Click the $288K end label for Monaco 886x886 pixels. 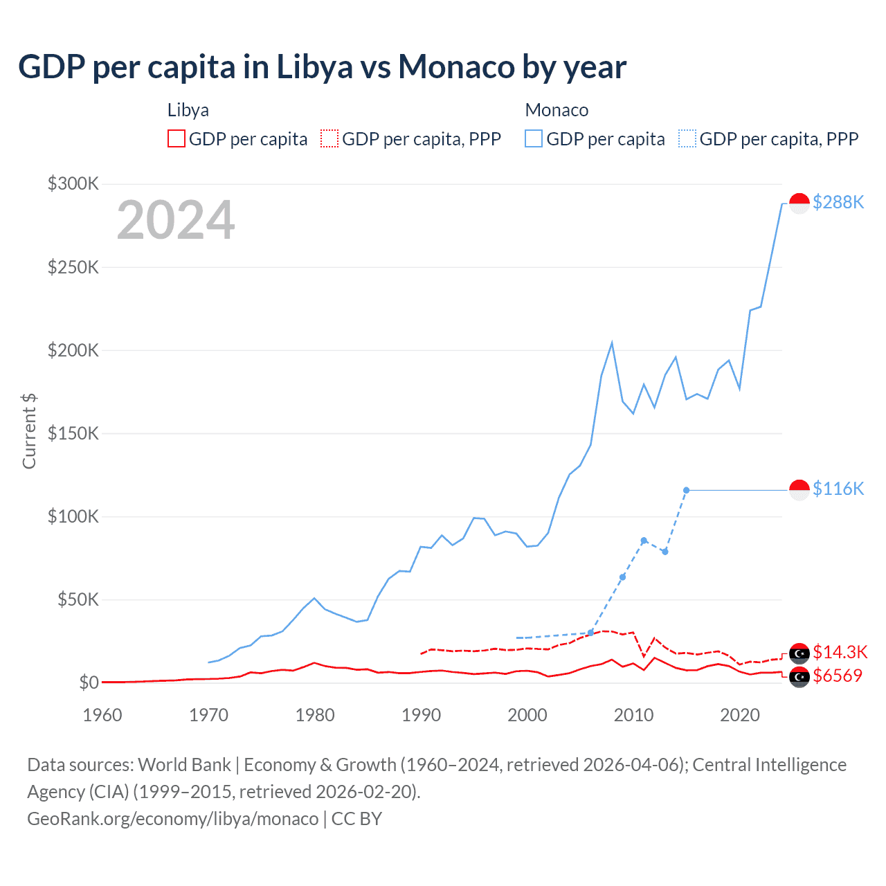click(838, 202)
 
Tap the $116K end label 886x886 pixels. click(838, 489)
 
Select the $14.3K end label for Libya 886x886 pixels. click(840, 652)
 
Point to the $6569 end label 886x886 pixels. click(838, 676)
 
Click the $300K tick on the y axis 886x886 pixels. click(73, 183)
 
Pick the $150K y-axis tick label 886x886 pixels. click(73, 433)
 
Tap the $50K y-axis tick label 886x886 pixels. click(78, 599)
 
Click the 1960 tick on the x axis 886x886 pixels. click(102, 715)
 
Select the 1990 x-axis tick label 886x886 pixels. click(421, 715)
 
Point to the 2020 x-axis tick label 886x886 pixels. click(740, 715)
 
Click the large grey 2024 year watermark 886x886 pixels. click(176, 220)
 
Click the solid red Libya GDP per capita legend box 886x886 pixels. click(177, 138)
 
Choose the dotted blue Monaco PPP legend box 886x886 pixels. click(687, 138)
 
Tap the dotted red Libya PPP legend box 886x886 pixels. click(329, 138)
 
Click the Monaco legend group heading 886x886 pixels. click(557, 110)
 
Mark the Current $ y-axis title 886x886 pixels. click(29, 431)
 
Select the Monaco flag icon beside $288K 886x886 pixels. click(799, 204)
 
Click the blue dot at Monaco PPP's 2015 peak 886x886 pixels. click(686, 490)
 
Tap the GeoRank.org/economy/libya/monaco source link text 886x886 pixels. click(172, 819)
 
